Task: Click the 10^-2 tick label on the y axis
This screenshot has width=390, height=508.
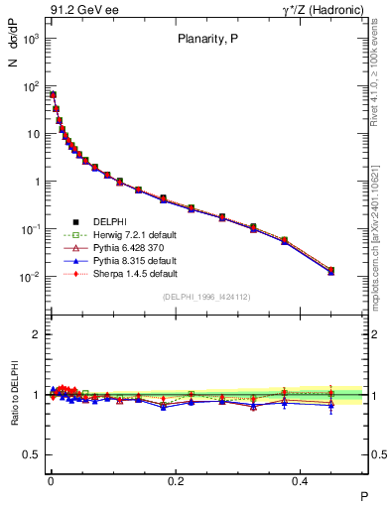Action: (x=29, y=277)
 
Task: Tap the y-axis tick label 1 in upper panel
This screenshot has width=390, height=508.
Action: (x=36, y=182)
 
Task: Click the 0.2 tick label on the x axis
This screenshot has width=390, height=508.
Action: (x=177, y=480)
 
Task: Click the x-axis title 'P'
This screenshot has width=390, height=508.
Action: (x=363, y=495)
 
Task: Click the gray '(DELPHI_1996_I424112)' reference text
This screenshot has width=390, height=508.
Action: (x=206, y=297)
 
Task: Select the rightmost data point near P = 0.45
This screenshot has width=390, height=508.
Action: (x=330, y=270)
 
